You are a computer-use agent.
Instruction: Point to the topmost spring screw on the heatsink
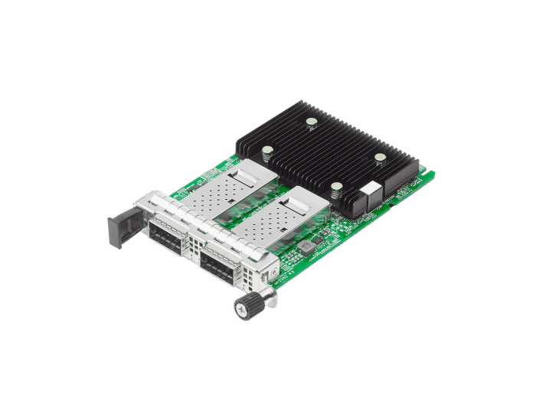312,122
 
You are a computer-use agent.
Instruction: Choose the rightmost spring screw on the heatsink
378,158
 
